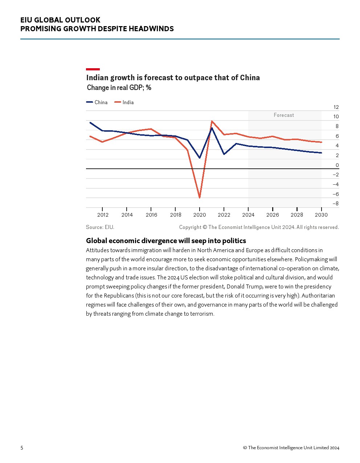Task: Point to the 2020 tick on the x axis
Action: point(200,214)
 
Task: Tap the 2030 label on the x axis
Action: point(321,214)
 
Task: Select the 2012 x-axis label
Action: point(103,214)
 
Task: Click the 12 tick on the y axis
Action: point(336,107)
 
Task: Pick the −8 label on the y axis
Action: point(335,204)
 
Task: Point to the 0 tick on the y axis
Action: point(337,165)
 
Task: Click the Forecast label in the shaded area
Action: point(284,115)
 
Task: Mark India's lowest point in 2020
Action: point(200,198)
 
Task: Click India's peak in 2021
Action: point(212,121)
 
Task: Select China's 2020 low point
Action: point(200,158)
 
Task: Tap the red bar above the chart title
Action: point(93,69)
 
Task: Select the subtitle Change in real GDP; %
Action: point(119,88)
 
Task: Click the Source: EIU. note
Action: point(100,227)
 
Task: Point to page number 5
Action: point(22,448)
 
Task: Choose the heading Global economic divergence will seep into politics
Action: point(166,241)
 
